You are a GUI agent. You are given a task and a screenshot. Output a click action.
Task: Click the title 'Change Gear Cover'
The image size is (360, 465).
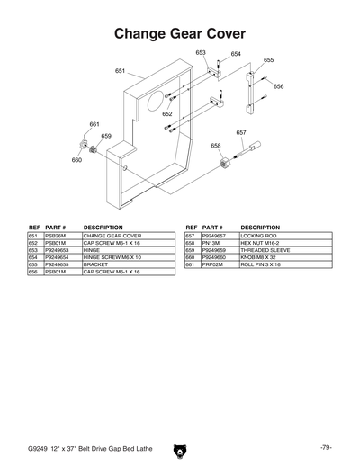coord(179,32)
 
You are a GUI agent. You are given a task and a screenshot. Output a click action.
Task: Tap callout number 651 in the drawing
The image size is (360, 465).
coord(120,70)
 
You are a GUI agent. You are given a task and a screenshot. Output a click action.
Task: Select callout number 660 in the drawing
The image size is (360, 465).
coord(76,159)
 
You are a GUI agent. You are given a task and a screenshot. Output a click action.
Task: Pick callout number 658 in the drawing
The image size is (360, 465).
coord(216,145)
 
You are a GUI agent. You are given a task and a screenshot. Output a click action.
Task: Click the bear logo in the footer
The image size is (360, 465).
coord(179,446)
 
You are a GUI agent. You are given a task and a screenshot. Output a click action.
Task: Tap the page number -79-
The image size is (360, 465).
coord(325,447)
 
